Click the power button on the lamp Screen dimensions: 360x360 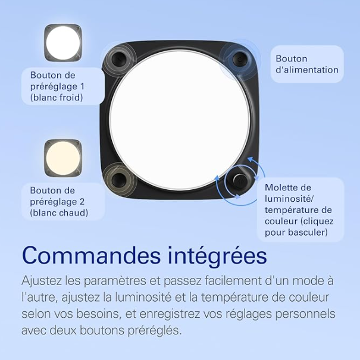(x=239, y=59)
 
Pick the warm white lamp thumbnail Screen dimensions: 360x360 (x=62, y=158)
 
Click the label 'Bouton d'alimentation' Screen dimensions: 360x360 (x=306, y=64)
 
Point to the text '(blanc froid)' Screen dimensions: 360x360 (x=58, y=97)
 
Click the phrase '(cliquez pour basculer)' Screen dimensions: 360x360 (x=296, y=227)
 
